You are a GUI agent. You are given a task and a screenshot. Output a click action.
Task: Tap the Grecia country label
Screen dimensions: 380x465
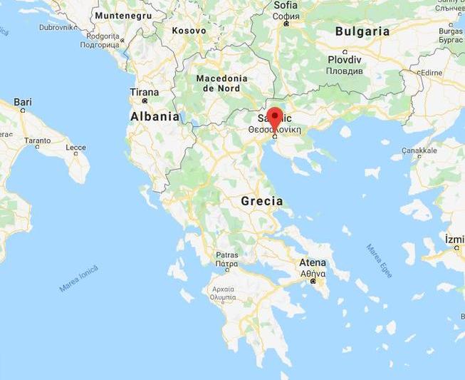(x=261, y=201)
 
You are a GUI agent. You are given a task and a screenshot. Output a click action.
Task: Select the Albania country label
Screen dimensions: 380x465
(x=155, y=116)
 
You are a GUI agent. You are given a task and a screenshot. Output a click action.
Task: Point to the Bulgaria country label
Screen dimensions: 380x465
(x=362, y=31)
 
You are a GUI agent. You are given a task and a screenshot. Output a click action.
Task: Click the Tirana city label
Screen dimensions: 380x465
(x=145, y=92)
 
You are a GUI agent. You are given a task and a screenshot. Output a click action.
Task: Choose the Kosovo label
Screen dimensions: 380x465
(x=189, y=31)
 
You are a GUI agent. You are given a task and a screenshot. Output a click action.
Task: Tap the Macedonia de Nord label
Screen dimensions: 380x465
(x=221, y=83)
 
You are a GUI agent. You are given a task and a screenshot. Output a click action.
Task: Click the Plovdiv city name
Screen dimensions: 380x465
(x=345, y=61)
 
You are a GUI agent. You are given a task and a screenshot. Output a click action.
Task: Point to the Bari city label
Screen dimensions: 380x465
(x=23, y=103)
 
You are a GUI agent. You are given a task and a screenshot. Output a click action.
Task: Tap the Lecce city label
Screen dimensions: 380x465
(x=75, y=148)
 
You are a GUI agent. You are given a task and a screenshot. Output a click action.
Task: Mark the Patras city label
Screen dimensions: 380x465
(x=227, y=255)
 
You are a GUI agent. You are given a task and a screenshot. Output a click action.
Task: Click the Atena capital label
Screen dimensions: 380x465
(x=313, y=262)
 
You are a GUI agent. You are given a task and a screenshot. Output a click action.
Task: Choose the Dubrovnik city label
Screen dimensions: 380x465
(x=58, y=26)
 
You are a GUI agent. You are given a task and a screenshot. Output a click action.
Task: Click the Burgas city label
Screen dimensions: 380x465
(x=451, y=31)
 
